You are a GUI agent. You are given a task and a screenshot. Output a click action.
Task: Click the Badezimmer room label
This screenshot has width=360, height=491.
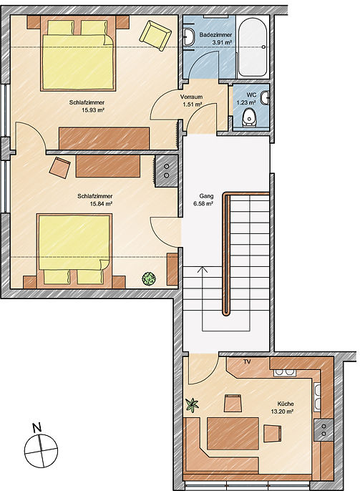(215, 35)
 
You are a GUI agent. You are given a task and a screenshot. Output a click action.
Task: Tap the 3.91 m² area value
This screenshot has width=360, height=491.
(222, 42)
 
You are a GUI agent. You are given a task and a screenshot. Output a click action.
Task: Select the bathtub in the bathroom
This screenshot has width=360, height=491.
(253, 47)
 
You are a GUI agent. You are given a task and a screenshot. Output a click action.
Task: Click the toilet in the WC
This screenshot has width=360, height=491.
(250, 117)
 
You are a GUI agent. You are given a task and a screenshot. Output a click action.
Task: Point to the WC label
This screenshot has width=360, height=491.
(251, 95)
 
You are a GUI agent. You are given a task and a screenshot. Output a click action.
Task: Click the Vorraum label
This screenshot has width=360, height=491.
(191, 97)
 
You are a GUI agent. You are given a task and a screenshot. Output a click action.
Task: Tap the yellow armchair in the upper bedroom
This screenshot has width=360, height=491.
(155, 35)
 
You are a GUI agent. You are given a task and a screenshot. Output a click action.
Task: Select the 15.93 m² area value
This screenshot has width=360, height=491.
(93, 110)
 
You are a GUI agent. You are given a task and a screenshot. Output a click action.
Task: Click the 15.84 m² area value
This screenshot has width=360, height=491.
(101, 204)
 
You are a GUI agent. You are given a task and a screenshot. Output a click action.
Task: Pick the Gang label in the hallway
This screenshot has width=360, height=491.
(206, 196)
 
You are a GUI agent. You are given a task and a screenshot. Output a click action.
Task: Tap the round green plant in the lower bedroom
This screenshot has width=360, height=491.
(149, 278)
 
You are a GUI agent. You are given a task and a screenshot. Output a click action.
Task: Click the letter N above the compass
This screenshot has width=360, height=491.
(37, 427)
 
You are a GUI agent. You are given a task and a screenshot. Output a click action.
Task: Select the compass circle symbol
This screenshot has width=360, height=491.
(41, 451)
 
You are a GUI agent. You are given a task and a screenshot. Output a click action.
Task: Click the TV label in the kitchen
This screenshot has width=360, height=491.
(247, 362)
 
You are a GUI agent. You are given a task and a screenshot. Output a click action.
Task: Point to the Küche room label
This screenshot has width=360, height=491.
(286, 404)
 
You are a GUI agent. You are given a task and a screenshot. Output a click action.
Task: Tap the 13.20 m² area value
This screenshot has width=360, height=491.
(282, 412)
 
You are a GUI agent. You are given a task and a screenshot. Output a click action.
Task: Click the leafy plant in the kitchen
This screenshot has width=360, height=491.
(192, 405)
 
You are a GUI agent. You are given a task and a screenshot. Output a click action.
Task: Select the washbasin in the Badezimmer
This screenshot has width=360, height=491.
(188, 37)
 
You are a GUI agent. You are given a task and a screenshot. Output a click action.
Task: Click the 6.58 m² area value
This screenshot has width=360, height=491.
(203, 204)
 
